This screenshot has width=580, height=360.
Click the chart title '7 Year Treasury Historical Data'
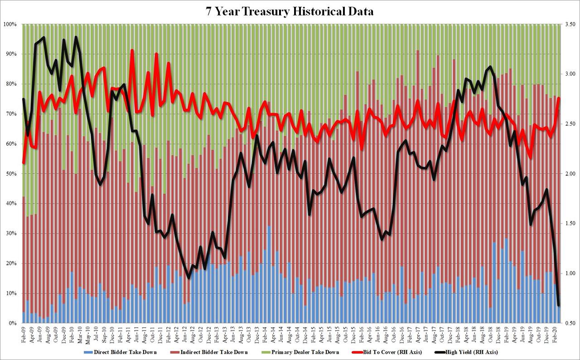(x=290, y=11)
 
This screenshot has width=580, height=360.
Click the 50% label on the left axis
(x=11, y=174)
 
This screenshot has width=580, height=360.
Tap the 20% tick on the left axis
(x=11, y=264)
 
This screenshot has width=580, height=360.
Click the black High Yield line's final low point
(x=558, y=305)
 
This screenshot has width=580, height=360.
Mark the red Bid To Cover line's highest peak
(x=132, y=50)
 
